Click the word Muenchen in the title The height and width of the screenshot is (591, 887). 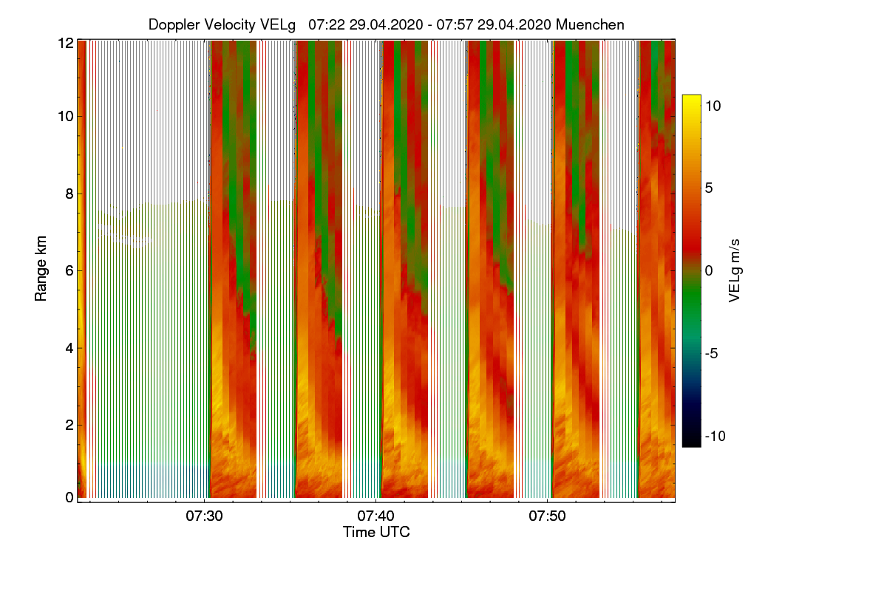click(590, 24)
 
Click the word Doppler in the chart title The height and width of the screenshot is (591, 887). click(173, 24)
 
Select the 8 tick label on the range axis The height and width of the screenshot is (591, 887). click(69, 194)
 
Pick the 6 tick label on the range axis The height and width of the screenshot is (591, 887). click(69, 271)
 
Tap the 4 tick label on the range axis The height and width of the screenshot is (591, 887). click(69, 348)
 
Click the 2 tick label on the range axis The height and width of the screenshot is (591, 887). click(69, 425)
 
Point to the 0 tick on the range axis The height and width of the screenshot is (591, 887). click(69, 498)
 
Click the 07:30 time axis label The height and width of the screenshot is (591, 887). click(205, 516)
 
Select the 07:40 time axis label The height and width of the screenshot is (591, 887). click(375, 516)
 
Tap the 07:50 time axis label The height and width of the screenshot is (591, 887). click(546, 516)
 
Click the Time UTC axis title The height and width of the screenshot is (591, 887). click(376, 532)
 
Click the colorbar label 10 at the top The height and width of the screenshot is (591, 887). click(713, 106)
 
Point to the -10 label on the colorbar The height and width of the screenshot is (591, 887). click(715, 436)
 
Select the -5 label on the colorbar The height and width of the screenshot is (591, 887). click(713, 353)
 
